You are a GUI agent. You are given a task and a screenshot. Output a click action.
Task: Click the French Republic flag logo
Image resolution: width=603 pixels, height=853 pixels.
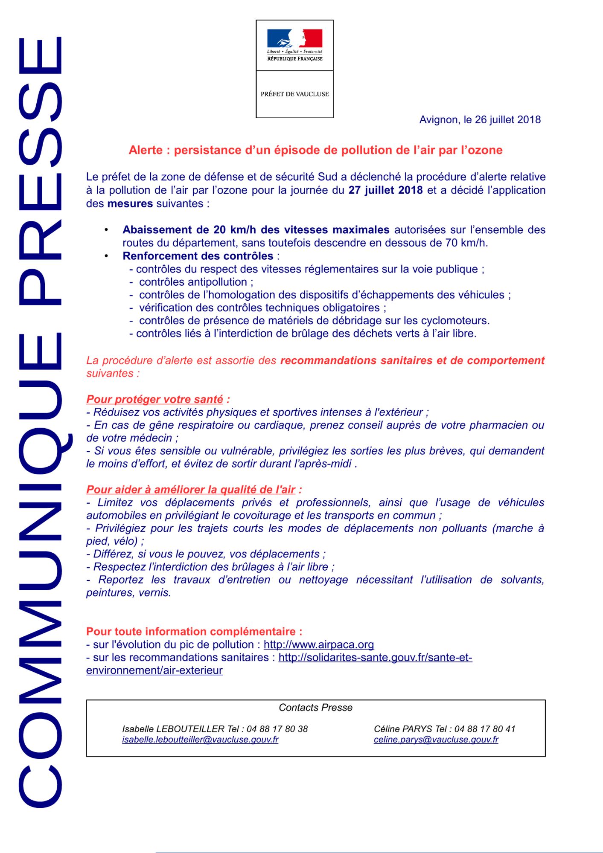tap(294, 38)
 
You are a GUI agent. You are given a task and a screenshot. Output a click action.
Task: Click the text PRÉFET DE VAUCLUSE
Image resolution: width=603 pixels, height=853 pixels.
tap(294, 94)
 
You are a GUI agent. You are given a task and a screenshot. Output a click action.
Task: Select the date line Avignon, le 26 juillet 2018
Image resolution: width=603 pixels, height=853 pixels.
tap(480, 120)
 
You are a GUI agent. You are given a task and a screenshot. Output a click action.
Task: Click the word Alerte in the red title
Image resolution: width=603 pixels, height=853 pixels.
tap(146, 150)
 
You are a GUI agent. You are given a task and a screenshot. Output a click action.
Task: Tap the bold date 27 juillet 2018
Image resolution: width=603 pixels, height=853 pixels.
tap(385, 190)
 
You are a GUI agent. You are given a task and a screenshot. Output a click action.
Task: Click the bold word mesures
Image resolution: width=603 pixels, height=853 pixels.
tap(130, 203)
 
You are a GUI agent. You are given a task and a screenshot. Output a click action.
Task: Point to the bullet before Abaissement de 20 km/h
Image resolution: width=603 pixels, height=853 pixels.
tap(106, 230)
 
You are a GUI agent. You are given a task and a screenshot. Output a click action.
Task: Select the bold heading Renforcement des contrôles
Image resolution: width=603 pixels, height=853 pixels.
tap(198, 256)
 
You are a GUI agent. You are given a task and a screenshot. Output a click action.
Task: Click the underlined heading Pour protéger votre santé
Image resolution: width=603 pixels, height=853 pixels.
tap(154, 400)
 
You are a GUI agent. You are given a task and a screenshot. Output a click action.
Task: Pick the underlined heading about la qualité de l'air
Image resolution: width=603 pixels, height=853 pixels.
tap(191, 490)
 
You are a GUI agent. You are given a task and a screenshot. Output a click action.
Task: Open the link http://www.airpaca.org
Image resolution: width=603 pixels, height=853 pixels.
tap(318, 644)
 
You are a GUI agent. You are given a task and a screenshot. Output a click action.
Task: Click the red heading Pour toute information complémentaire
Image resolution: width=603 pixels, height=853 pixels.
tap(194, 632)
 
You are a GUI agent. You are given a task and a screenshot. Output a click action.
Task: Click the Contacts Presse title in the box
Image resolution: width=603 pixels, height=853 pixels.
tap(315, 708)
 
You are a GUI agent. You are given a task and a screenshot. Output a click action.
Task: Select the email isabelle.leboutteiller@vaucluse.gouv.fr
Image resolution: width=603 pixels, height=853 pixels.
tap(200, 740)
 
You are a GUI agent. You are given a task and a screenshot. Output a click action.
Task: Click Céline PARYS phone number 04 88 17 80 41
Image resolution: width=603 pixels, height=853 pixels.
tap(485, 729)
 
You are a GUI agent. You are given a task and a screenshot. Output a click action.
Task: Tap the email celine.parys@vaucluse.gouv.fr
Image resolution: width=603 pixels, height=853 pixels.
tap(436, 740)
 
